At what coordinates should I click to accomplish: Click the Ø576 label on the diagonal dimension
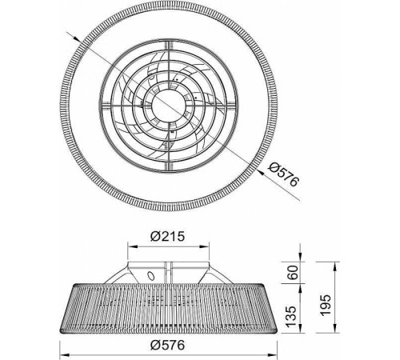click(x=283, y=174)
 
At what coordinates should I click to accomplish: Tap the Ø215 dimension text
click(x=167, y=236)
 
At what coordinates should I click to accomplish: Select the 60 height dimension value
click(x=293, y=272)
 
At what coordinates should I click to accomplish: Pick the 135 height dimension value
click(x=291, y=316)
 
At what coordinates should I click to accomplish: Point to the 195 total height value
click(x=325, y=305)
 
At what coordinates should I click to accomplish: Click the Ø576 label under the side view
click(x=167, y=345)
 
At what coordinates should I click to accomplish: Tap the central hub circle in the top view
click(x=168, y=105)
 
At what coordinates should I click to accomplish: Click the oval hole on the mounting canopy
click(x=151, y=275)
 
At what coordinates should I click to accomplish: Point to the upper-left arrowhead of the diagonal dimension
click(x=77, y=39)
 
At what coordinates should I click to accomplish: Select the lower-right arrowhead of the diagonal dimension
click(x=261, y=171)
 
